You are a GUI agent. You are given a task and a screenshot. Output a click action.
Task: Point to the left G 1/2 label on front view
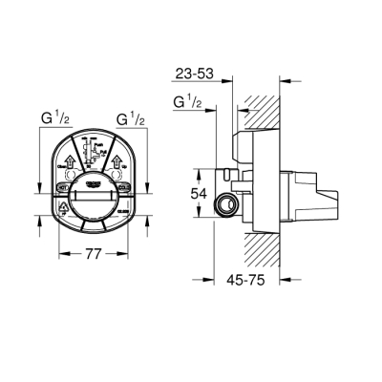coord(52,120)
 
